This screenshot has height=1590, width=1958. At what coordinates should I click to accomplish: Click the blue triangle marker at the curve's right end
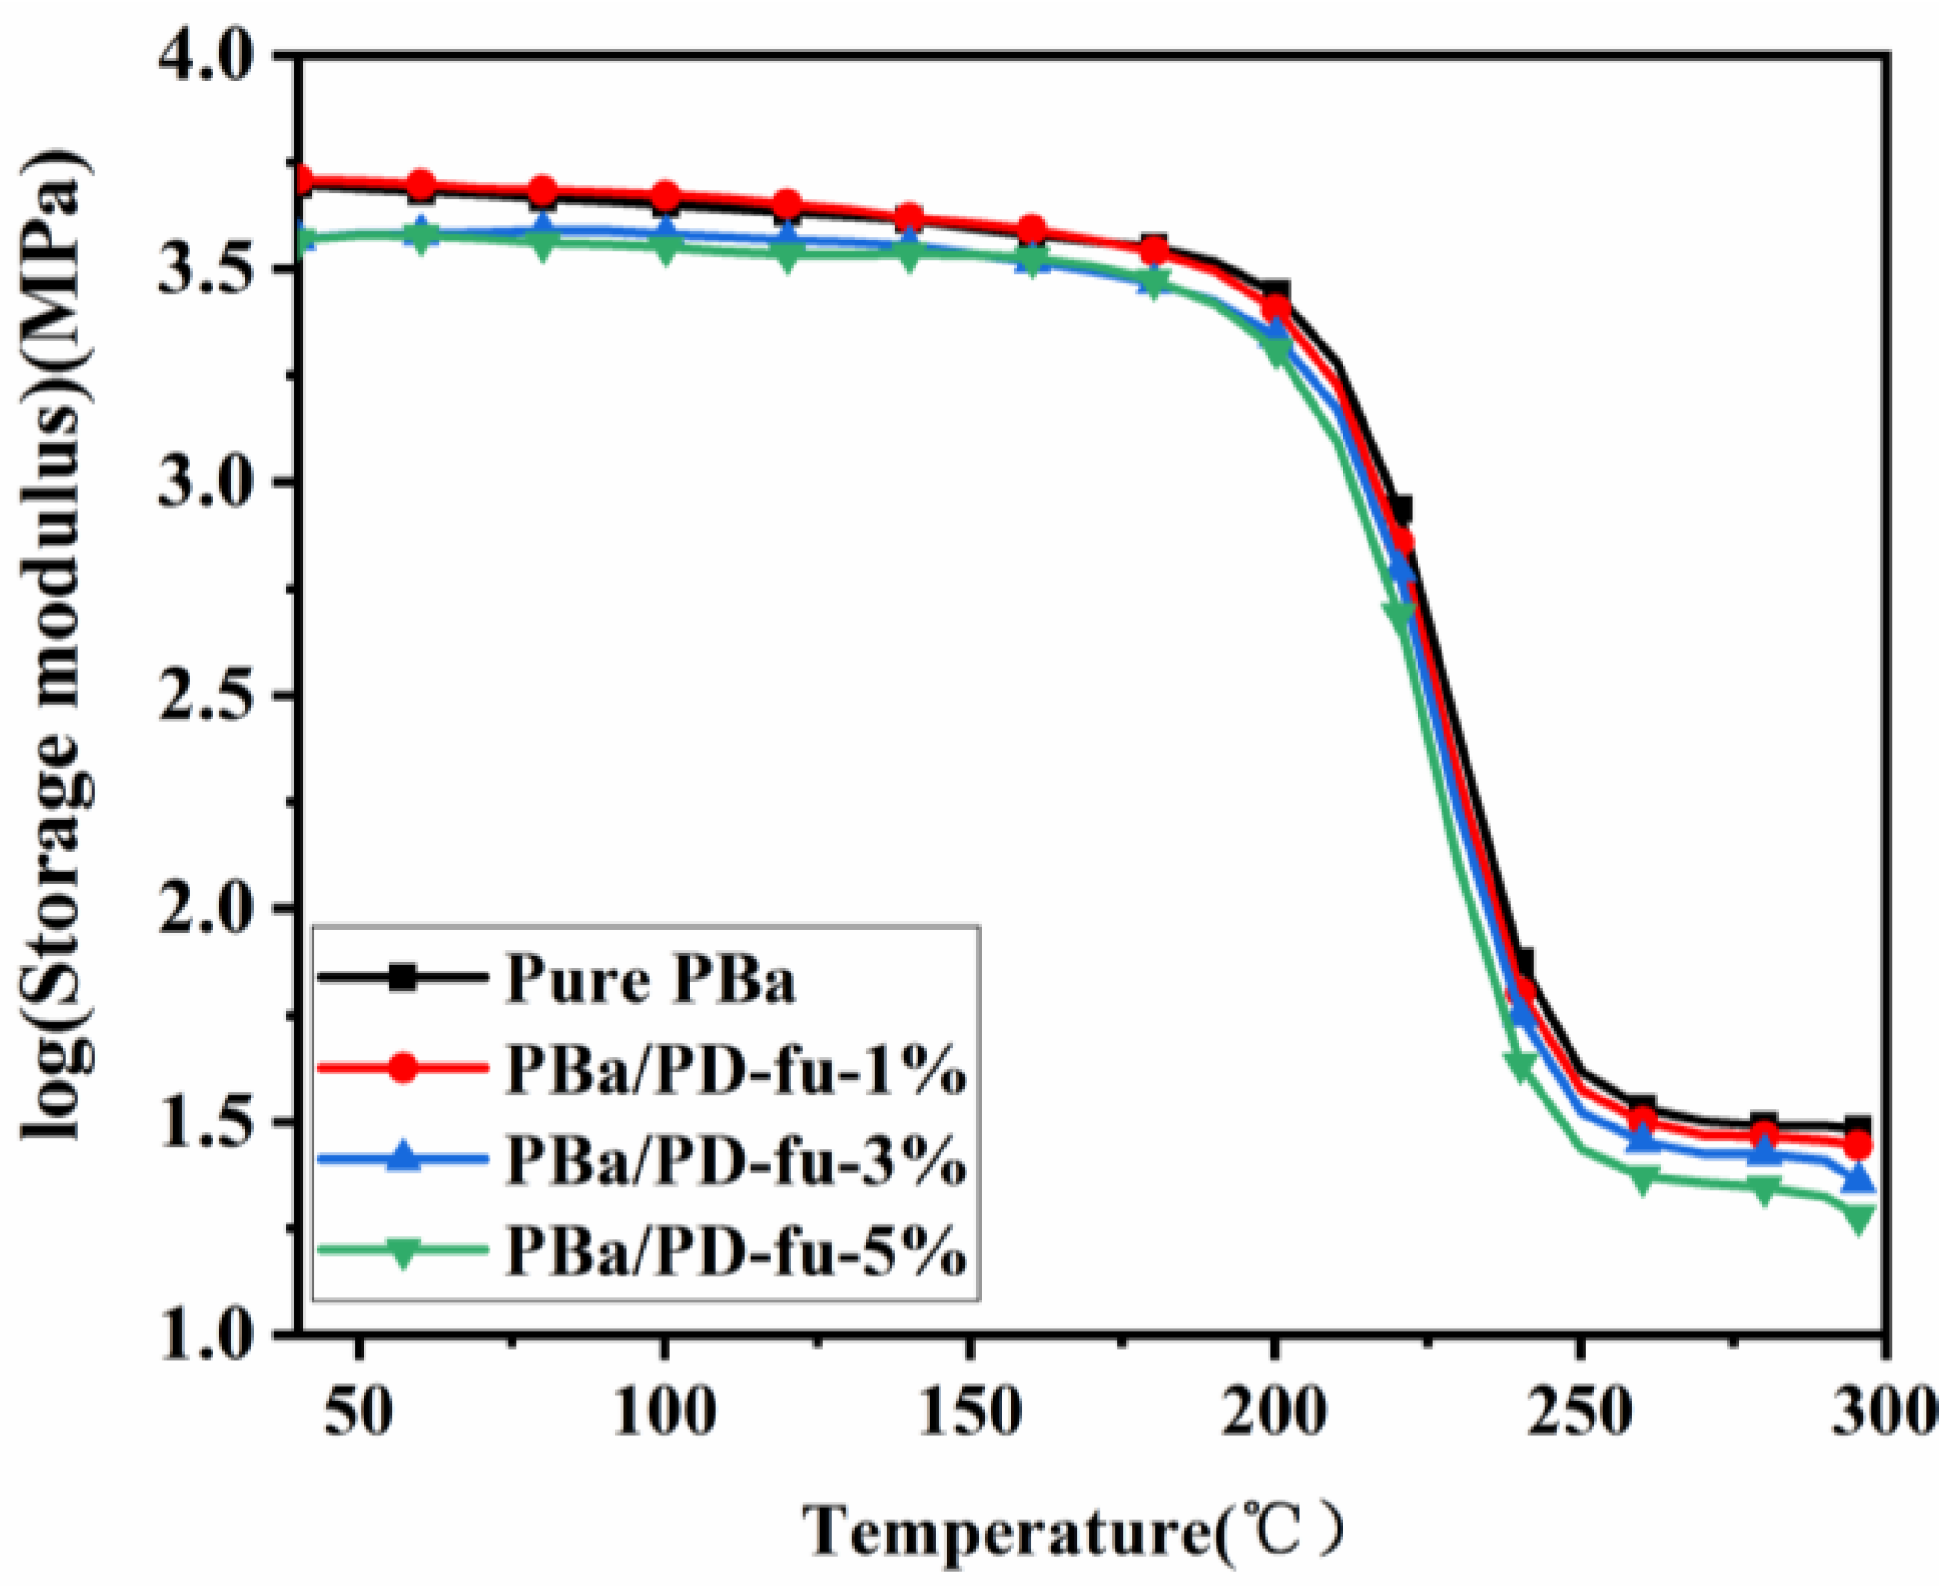[x=1859, y=1177]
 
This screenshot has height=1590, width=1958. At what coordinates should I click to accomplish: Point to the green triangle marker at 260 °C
[x=1643, y=1179]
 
